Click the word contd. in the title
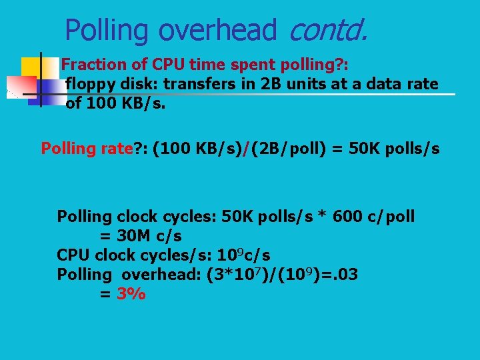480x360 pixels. pos(328,30)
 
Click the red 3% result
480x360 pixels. pos(131,294)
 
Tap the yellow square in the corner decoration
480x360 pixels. pos(31,67)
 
